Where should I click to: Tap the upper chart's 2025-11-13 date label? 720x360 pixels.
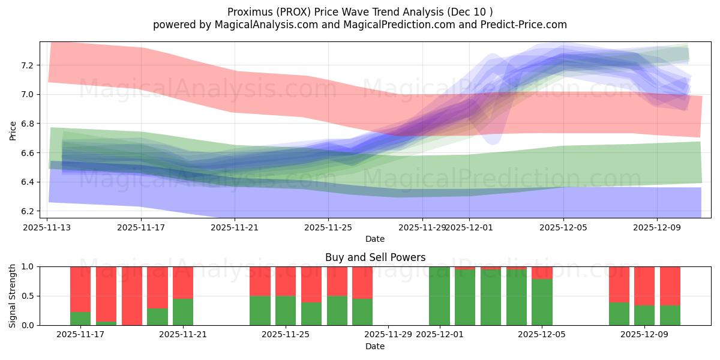pyautogui.click(x=47, y=227)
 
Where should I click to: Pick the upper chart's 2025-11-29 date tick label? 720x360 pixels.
pyautogui.click(x=422, y=227)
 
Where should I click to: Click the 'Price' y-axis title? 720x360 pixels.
pyautogui.click(x=13, y=130)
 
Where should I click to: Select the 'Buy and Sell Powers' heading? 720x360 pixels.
pyautogui.click(x=375, y=257)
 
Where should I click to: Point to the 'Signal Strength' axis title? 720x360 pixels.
pyautogui.click(x=13, y=296)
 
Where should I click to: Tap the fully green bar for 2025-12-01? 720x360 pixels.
pyautogui.click(x=439, y=296)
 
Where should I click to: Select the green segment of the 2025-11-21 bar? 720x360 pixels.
pyautogui.click(x=183, y=312)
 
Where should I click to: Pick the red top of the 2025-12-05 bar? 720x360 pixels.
pyautogui.click(x=542, y=272)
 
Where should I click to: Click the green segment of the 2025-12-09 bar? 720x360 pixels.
pyautogui.click(x=644, y=316)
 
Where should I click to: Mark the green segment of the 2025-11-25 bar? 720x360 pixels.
pyautogui.click(x=286, y=311)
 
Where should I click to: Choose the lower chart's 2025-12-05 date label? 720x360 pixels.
pyautogui.click(x=542, y=335)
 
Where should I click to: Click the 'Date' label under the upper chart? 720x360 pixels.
pyautogui.click(x=375, y=239)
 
